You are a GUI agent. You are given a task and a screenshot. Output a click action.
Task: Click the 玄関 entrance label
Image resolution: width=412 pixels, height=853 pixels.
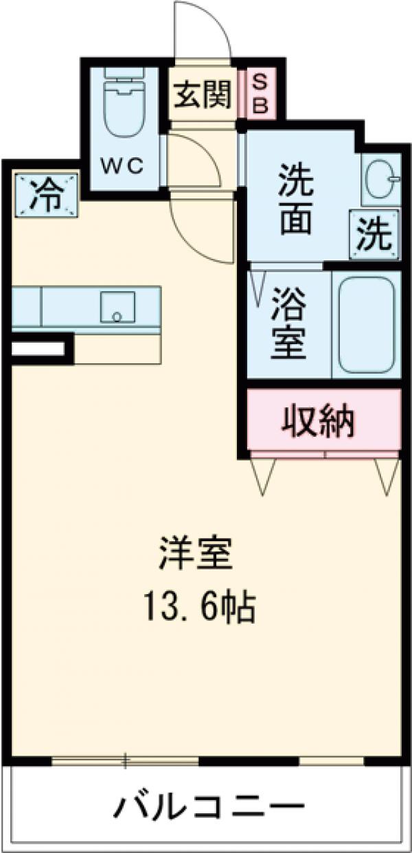(201, 95)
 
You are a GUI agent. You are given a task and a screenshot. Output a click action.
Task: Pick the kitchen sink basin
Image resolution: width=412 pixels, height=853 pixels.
(117, 306)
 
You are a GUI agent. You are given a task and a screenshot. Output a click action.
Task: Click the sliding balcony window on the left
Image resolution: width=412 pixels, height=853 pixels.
(125, 760)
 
